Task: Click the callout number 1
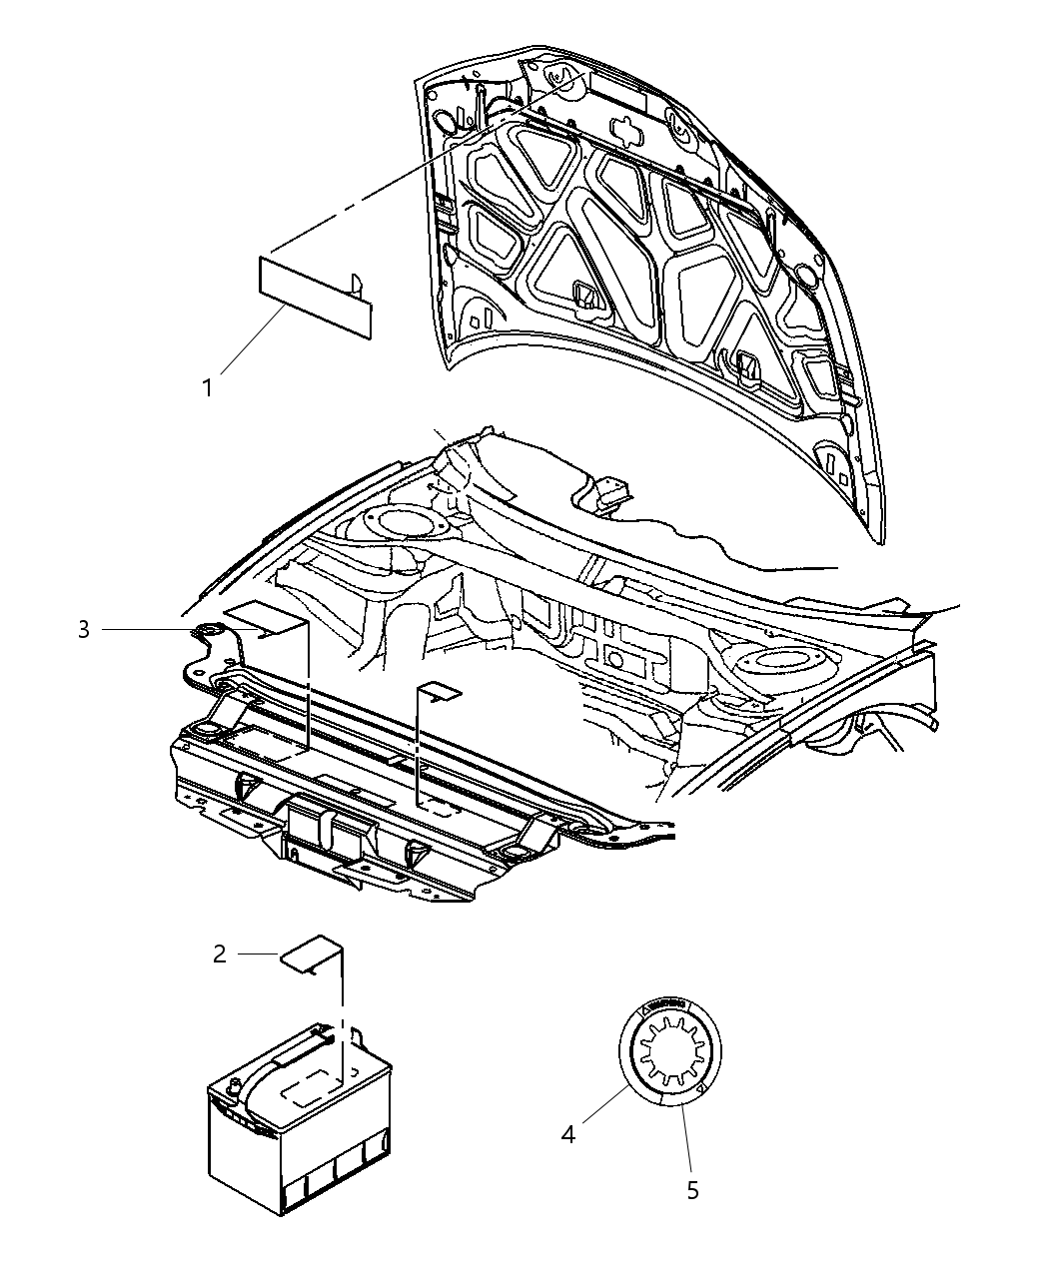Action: tap(208, 387)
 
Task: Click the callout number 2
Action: tap(220, 954)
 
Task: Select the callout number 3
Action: tap(84, 629)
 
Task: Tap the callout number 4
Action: tap(567, 1134)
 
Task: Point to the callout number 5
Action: tap(693, 1189)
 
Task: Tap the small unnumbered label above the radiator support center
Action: tap(439, 692)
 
